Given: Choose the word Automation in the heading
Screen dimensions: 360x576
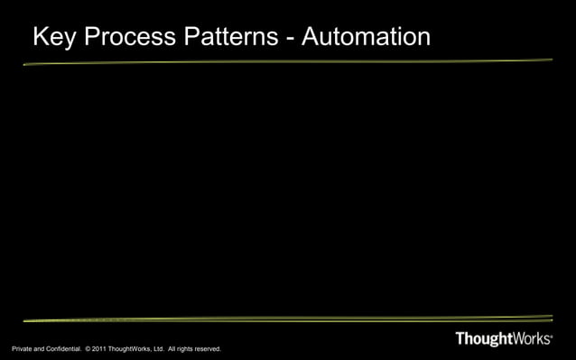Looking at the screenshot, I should [x=367, y=38].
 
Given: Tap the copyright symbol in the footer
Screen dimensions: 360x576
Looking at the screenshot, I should [x=88, y=349].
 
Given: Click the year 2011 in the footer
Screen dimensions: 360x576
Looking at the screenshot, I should [x=99, y=349].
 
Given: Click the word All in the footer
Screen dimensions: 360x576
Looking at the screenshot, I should [x=172, y=349].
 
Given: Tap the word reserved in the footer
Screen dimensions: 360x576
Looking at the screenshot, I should [x=209, y=349].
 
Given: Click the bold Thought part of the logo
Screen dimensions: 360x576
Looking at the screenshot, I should [x=485, y=340].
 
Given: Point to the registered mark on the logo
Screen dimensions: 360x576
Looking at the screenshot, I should [x=551, y=336].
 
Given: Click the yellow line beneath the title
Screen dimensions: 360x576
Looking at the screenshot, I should [x=287, y=62].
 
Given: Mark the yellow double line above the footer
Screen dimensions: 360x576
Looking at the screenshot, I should [x=287, y=319].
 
